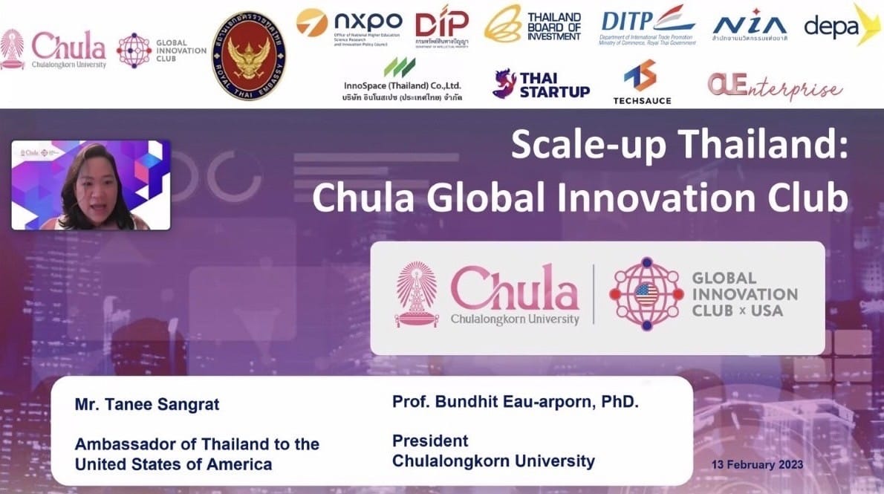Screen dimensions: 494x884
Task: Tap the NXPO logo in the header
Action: [x=349, y=27]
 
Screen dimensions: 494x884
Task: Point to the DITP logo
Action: [x=647, y=27]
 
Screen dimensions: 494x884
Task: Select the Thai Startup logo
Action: [x=541, y=85]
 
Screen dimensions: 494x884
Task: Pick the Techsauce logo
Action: [x=642, y=82]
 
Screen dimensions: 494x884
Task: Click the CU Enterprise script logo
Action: [x=774, y=88]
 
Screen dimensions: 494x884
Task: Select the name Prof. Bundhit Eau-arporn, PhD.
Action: [x=516, y=402]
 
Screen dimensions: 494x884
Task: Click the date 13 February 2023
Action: [x=757, y=465]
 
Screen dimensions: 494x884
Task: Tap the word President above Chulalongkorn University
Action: [x=430, y=441]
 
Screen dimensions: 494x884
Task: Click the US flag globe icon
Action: [x=646, y=294]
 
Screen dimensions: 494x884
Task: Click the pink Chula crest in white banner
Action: [x=417, y=294]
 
